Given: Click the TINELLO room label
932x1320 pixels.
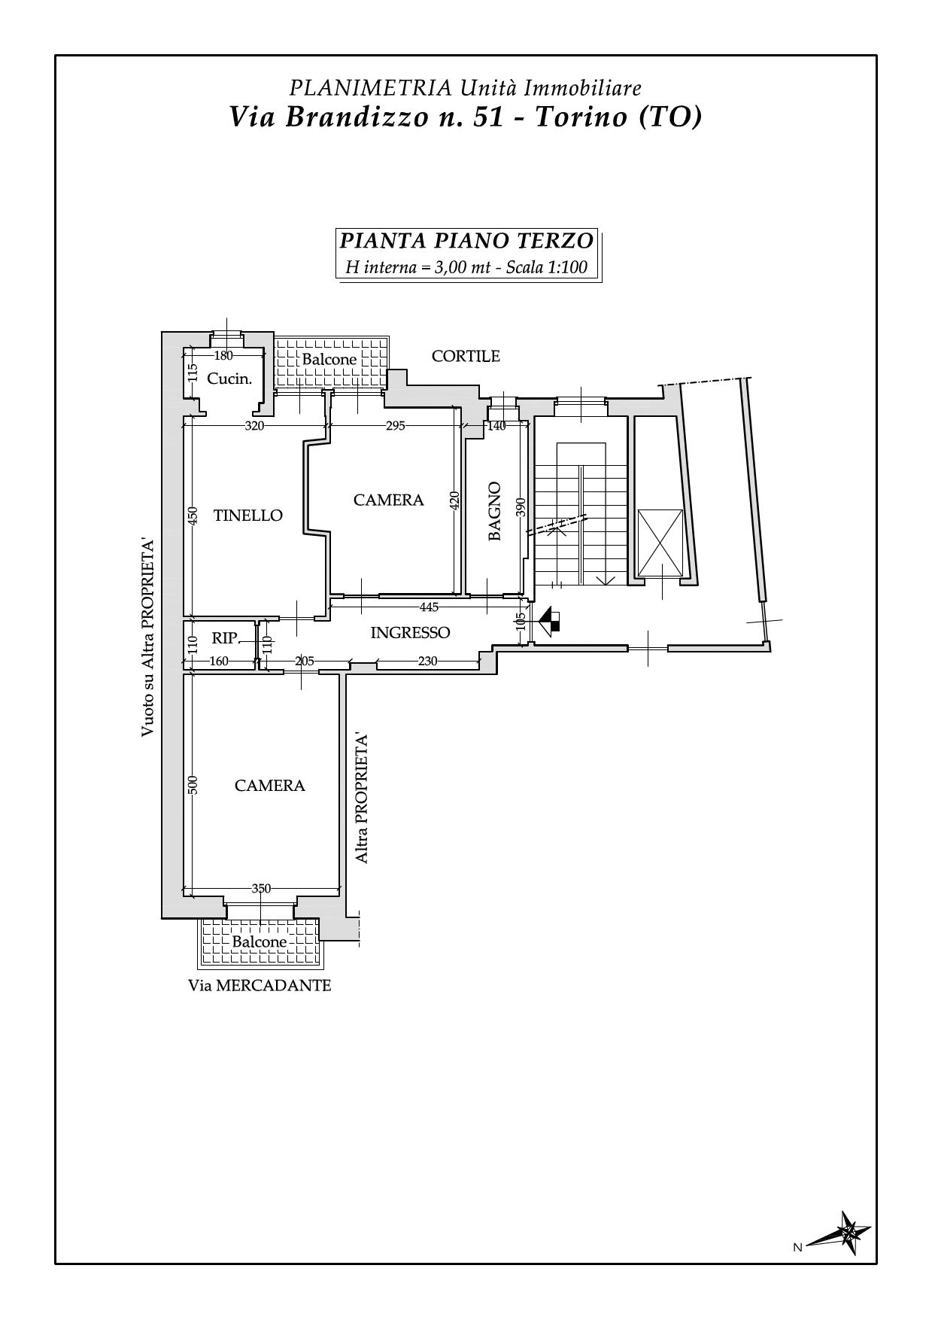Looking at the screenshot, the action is click(x=248, y=516).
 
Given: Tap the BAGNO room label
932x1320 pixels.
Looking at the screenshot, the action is click(x=494, y=511).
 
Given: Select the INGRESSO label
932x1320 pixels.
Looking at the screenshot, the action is click(x=410, y=633).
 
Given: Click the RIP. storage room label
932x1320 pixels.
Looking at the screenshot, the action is click(x=225, y=638).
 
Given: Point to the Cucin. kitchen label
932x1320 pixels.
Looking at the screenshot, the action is click(x=229, y=379).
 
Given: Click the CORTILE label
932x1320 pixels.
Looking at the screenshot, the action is click(x=466, y=356).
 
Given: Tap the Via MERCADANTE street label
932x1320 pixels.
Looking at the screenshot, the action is click(x=260, y=985).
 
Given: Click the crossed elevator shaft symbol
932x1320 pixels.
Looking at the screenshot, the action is click(x=660, y=543).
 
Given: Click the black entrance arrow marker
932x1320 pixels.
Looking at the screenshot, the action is click(x=550, y=620).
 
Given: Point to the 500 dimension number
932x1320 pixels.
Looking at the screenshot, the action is click(x=193, y=785).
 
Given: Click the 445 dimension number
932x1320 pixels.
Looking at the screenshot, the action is click(x=429, y=607).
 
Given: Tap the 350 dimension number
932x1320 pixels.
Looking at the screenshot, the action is click(x=261, y=889).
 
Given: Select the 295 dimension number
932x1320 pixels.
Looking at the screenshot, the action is click(x=395, y=426).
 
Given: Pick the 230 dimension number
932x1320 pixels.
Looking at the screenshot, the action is click(x=427, y=662).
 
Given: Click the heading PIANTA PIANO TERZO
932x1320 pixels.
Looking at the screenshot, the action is click(x=466, y=242).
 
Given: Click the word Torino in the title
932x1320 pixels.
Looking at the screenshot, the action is click(x=582, y=117).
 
